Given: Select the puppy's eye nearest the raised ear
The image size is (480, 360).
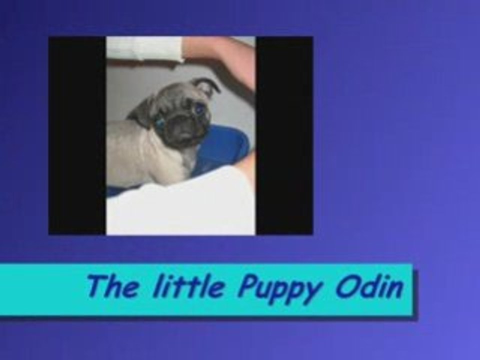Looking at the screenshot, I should tap(199, 108).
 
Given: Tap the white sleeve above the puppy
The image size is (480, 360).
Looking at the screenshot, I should tap(145, 49).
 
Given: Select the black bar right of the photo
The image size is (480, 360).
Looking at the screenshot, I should tap(284, 135).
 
